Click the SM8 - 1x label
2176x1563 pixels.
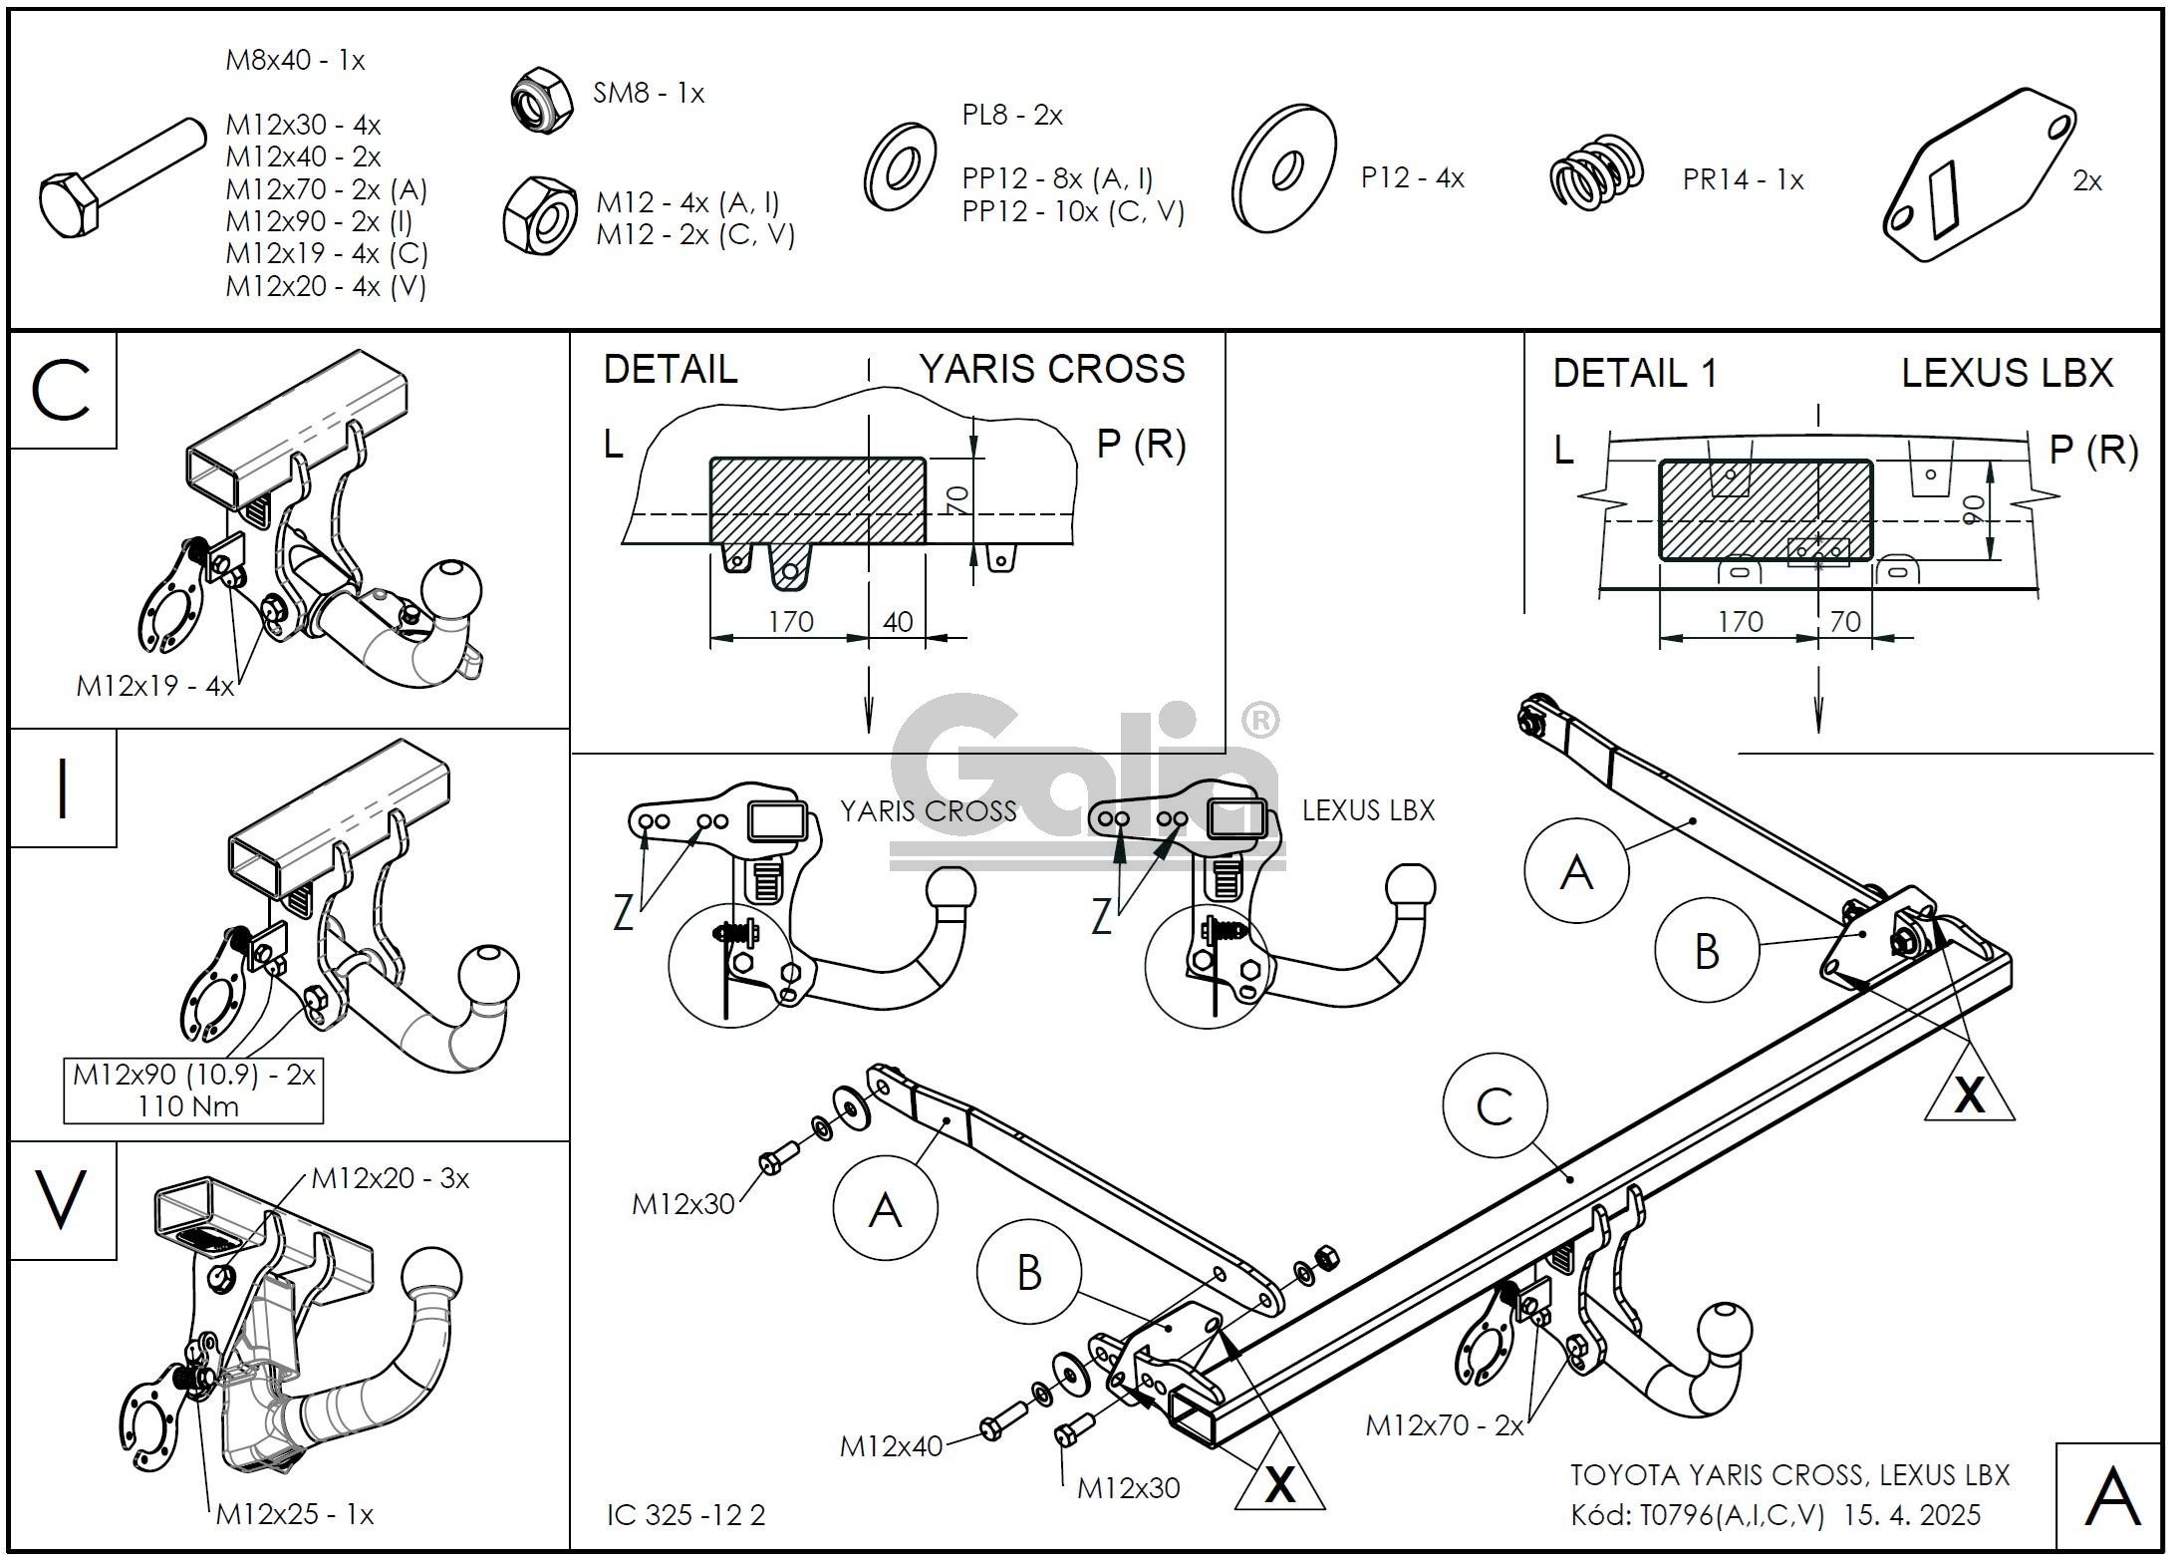pos(648,94)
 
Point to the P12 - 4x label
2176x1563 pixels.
pos(1412,178)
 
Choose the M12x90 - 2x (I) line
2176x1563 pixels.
pos(319,221)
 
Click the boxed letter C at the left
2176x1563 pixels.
pos(62,391)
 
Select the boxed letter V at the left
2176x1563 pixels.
pos(61,1200)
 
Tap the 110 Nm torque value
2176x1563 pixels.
pos(190,1105)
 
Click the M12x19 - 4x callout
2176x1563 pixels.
pos(154,686)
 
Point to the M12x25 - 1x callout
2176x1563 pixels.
pos(294,1514)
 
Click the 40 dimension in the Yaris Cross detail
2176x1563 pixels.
pos(897,622)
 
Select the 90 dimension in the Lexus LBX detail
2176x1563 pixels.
pos(1970,510)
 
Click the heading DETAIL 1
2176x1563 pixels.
pos(1635,374)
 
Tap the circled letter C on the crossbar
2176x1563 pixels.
pos(1495,1106)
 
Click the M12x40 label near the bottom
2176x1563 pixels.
pos(891,1446)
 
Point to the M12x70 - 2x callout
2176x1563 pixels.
pos(1444,1425)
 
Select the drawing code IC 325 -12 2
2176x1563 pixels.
pos(686,1515)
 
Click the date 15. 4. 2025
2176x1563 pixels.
pos(1912,1515)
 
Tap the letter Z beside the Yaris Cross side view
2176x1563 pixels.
pos(624,912)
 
